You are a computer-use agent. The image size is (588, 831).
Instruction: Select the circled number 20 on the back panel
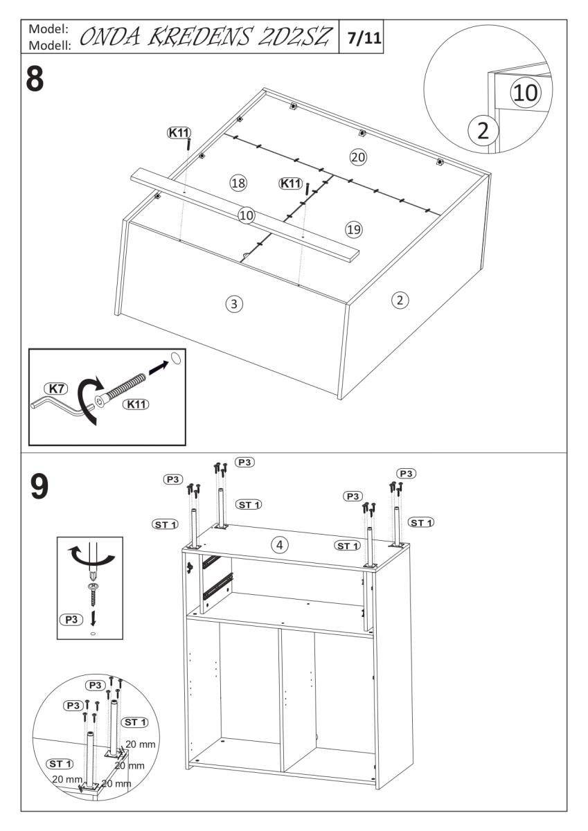click(x=357, y=157)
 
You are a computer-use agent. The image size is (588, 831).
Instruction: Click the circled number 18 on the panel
click(x=238, y=183)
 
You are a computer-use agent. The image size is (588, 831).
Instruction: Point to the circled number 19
click(x=354, y=229)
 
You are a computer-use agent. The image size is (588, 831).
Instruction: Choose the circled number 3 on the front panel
click(x=235, y=303)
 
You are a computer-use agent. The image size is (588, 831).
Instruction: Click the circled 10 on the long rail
click(x=247, y=215)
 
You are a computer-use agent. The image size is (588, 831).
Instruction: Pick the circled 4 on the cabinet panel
click(x=279, y=545)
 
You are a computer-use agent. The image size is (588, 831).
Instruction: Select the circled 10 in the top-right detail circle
click(x=524, y=92)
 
